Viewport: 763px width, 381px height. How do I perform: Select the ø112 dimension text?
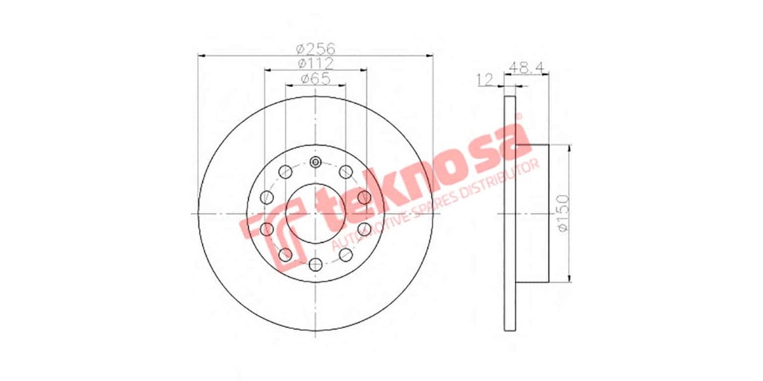(315, 63)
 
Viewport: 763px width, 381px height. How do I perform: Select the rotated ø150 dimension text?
(563, 212)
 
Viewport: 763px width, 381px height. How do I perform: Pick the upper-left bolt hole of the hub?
(285, 171)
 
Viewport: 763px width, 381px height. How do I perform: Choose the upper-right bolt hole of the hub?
(346, 171)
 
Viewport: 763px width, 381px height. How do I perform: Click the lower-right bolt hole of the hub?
(346, 255)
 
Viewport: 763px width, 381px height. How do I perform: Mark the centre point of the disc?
(315, 213)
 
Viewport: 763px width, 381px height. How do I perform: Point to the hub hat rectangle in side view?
(532, 213)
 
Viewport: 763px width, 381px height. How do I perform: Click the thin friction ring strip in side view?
(509, 213)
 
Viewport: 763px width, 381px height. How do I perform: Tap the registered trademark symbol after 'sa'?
(518, 117)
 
